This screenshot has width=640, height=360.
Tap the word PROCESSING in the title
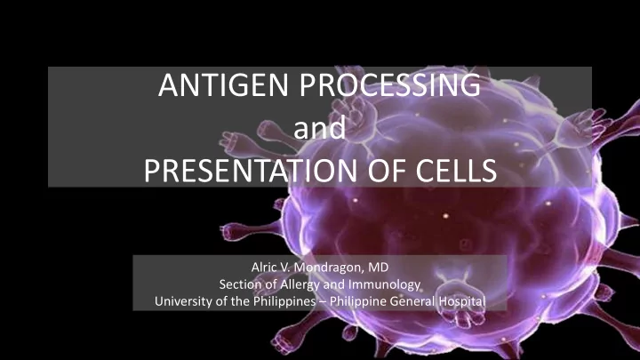pos(390,85)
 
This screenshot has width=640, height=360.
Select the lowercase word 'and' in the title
pos(320,128)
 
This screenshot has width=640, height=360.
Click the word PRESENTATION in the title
pos(251,170)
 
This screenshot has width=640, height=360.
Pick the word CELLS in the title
pos(456,170)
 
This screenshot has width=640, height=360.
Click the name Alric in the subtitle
pos(262,268)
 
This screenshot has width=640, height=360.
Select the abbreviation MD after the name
pos(379,268)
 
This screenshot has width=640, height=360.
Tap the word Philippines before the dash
pos(284,301)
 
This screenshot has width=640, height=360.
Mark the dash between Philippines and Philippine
pos(323,302)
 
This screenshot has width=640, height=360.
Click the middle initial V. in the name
pos(284,268)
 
